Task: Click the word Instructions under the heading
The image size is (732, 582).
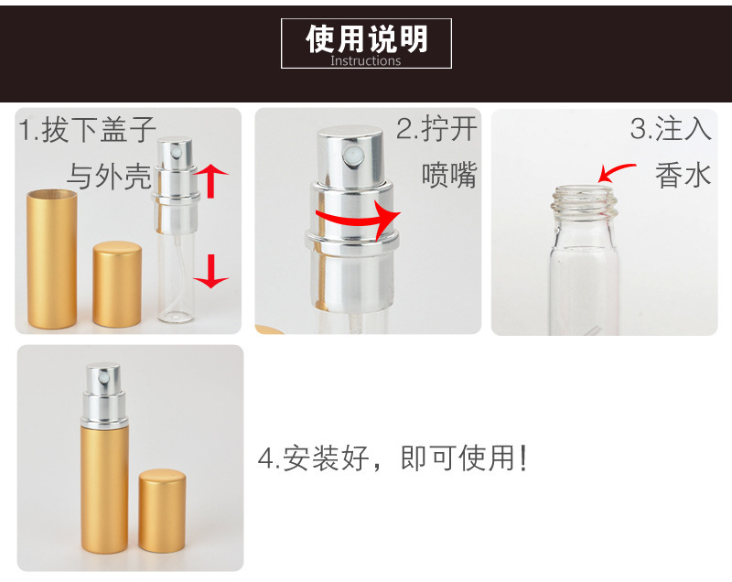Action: tap(366, 61)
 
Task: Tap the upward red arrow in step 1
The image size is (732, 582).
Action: tap(211, 180)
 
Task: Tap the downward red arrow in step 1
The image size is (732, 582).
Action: tap(212, 270)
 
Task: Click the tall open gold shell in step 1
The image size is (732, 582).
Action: tap(52, 259)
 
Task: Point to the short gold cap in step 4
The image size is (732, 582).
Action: tap(162, 512)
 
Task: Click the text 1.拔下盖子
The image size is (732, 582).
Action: tap(88, 130)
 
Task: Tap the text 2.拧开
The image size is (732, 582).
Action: tap(436, 129)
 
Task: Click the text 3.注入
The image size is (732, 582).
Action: tap(671, 129)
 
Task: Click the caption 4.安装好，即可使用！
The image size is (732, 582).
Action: tap(393, 458)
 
